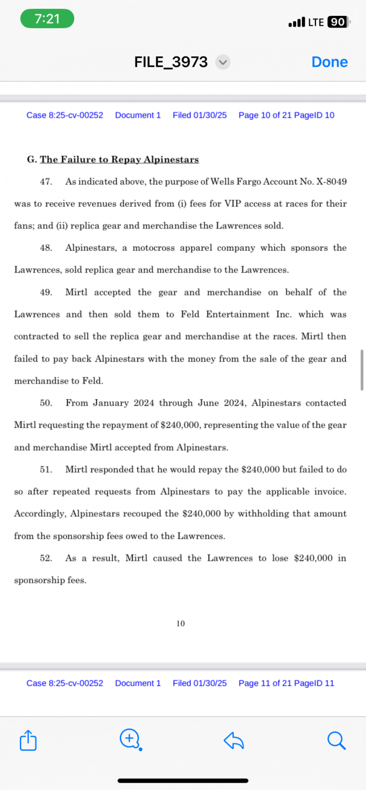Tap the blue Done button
point(329,62)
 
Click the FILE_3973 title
point(171,62)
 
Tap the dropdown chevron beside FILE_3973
point(223,62)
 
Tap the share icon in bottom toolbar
point(28,741)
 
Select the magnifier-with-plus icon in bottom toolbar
point(130,739)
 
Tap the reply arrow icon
point(233,741)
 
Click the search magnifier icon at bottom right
point(336,741)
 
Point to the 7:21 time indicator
point(47,19)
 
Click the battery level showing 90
point(338,22)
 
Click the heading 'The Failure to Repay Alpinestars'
point(119,159)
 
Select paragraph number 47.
point(46,182)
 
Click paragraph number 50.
point(46,403)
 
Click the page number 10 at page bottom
point(181,624)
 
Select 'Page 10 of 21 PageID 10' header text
point(286,115)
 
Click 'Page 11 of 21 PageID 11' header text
point(286,683)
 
